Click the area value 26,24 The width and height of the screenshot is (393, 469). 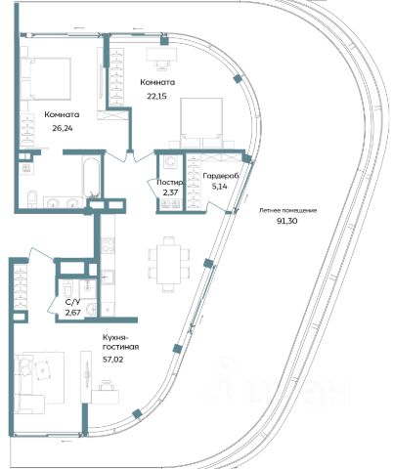point(63,128)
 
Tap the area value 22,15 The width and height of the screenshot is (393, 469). point(157,96)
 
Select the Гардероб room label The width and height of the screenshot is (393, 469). point(221,176)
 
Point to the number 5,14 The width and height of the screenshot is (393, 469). point(219,187)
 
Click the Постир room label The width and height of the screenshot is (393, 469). point(170,183)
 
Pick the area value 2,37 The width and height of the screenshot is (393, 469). point(170,192)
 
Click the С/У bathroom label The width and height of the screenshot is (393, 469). point(72,303)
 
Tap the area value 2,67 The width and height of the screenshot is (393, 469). point(72,313)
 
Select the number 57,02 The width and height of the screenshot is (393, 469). point(113,360)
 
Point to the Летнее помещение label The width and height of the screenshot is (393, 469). point(287,210)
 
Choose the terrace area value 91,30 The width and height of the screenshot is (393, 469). point(287,221)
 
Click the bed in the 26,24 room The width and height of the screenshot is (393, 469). point(46,78)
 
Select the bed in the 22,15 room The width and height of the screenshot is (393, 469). point(201,123)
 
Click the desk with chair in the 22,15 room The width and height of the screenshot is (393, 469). point(161,59)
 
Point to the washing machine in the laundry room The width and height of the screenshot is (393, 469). point(170,162)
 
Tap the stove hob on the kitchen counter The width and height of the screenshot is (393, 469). point(108,245)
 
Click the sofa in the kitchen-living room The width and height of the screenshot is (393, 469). point(32,383)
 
